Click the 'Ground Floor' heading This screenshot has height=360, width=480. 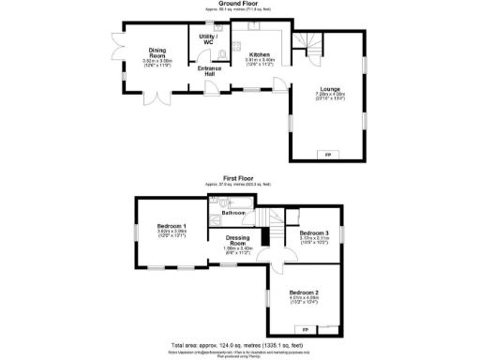(240, 4)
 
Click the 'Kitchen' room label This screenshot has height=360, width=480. (259, 55)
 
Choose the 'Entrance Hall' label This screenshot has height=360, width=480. (208, 70)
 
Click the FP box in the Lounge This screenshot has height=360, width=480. (327, 154)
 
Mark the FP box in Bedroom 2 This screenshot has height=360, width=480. (305, 329)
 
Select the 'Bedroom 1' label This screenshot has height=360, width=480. (171, 227)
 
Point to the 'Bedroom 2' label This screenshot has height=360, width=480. (304, 292)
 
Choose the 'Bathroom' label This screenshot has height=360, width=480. (233, 213)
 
